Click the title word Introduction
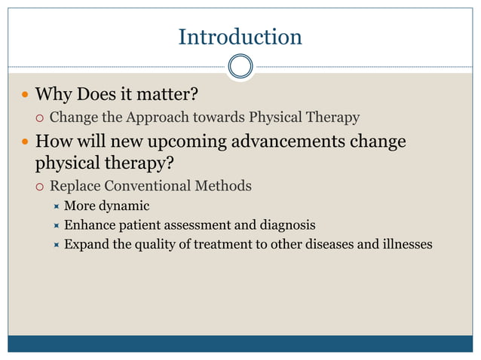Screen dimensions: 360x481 point(240,37)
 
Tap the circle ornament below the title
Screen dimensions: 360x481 point(240,66)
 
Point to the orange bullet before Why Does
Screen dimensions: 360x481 point(25,96)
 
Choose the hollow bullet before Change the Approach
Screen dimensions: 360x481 point(38,118)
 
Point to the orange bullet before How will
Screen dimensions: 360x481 point(25,142)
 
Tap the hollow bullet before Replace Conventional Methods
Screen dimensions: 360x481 point(38,186)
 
